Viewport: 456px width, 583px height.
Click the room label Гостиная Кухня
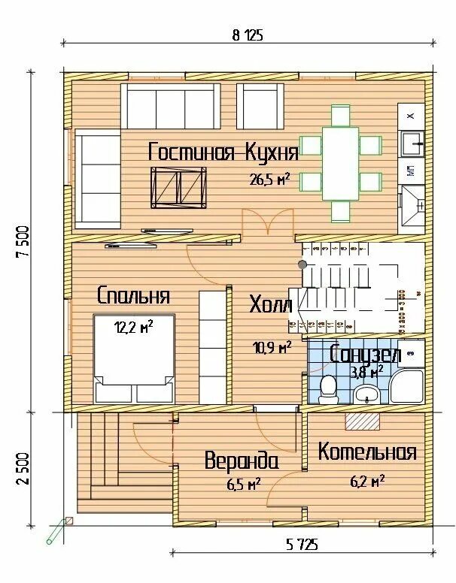tap(223, 153)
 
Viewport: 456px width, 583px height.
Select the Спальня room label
tap(133, 295)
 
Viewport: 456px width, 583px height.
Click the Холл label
tap(270, 304)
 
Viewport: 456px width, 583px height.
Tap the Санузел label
tap(366, 354)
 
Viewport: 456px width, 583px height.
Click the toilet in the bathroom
tap(328, 387)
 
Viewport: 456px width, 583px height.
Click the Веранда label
tap(242, 461)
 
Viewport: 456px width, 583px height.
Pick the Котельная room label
tap(366, 452)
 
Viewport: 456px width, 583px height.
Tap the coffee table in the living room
tap(178, 187)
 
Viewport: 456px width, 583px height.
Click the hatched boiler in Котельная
tap(363, 421)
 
